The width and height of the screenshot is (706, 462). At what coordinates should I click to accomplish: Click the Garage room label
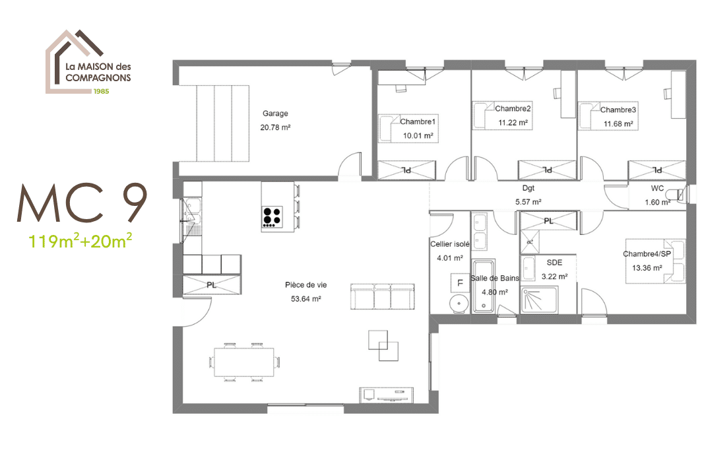275,114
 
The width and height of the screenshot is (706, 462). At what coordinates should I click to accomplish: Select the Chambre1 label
418,121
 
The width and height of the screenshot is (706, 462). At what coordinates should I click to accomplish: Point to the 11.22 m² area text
513,123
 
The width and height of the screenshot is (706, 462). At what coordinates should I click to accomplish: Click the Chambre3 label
618,110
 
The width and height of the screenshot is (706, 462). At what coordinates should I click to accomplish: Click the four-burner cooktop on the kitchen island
273,217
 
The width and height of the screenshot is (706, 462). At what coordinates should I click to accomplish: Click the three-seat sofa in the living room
382,298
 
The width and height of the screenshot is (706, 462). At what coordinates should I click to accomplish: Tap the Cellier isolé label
449,244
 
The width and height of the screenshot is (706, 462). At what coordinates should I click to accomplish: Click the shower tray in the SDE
548,300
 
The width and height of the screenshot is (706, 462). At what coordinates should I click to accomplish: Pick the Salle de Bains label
494,279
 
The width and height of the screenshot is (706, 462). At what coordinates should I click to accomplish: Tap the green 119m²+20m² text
80,241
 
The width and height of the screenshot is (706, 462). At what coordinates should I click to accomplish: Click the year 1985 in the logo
101,91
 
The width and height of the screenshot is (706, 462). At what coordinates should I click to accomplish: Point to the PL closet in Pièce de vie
211,285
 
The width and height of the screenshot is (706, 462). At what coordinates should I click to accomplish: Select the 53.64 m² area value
305,299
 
